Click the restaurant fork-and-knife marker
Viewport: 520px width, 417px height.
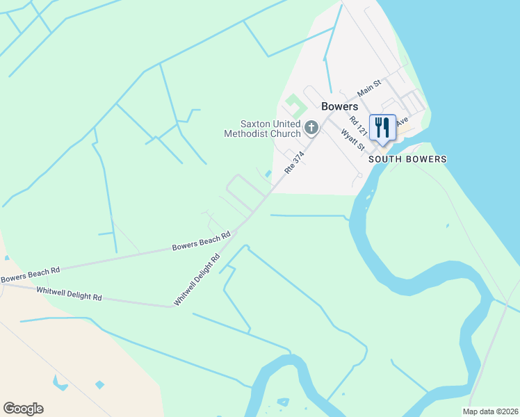tap(382, 128)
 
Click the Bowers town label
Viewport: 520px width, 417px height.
tap(339, 107)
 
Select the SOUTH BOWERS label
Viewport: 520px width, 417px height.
tap(407, 159)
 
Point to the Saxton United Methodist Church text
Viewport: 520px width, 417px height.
tap(262, 128)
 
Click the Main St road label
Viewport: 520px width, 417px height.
tap(369, 88)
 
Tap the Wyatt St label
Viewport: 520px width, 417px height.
tap(352, 138)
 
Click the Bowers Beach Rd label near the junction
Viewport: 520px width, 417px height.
tap(201, 242)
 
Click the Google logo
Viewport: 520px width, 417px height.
tap(23, 409)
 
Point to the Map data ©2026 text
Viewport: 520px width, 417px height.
tap(490, 411)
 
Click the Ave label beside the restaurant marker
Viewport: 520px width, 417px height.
tap(402, 122)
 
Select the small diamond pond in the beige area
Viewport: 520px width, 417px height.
tap(99, 384)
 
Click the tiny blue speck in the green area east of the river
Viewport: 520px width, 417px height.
tap(448, 225)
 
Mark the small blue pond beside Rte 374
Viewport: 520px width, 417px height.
tap(268, 174)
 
